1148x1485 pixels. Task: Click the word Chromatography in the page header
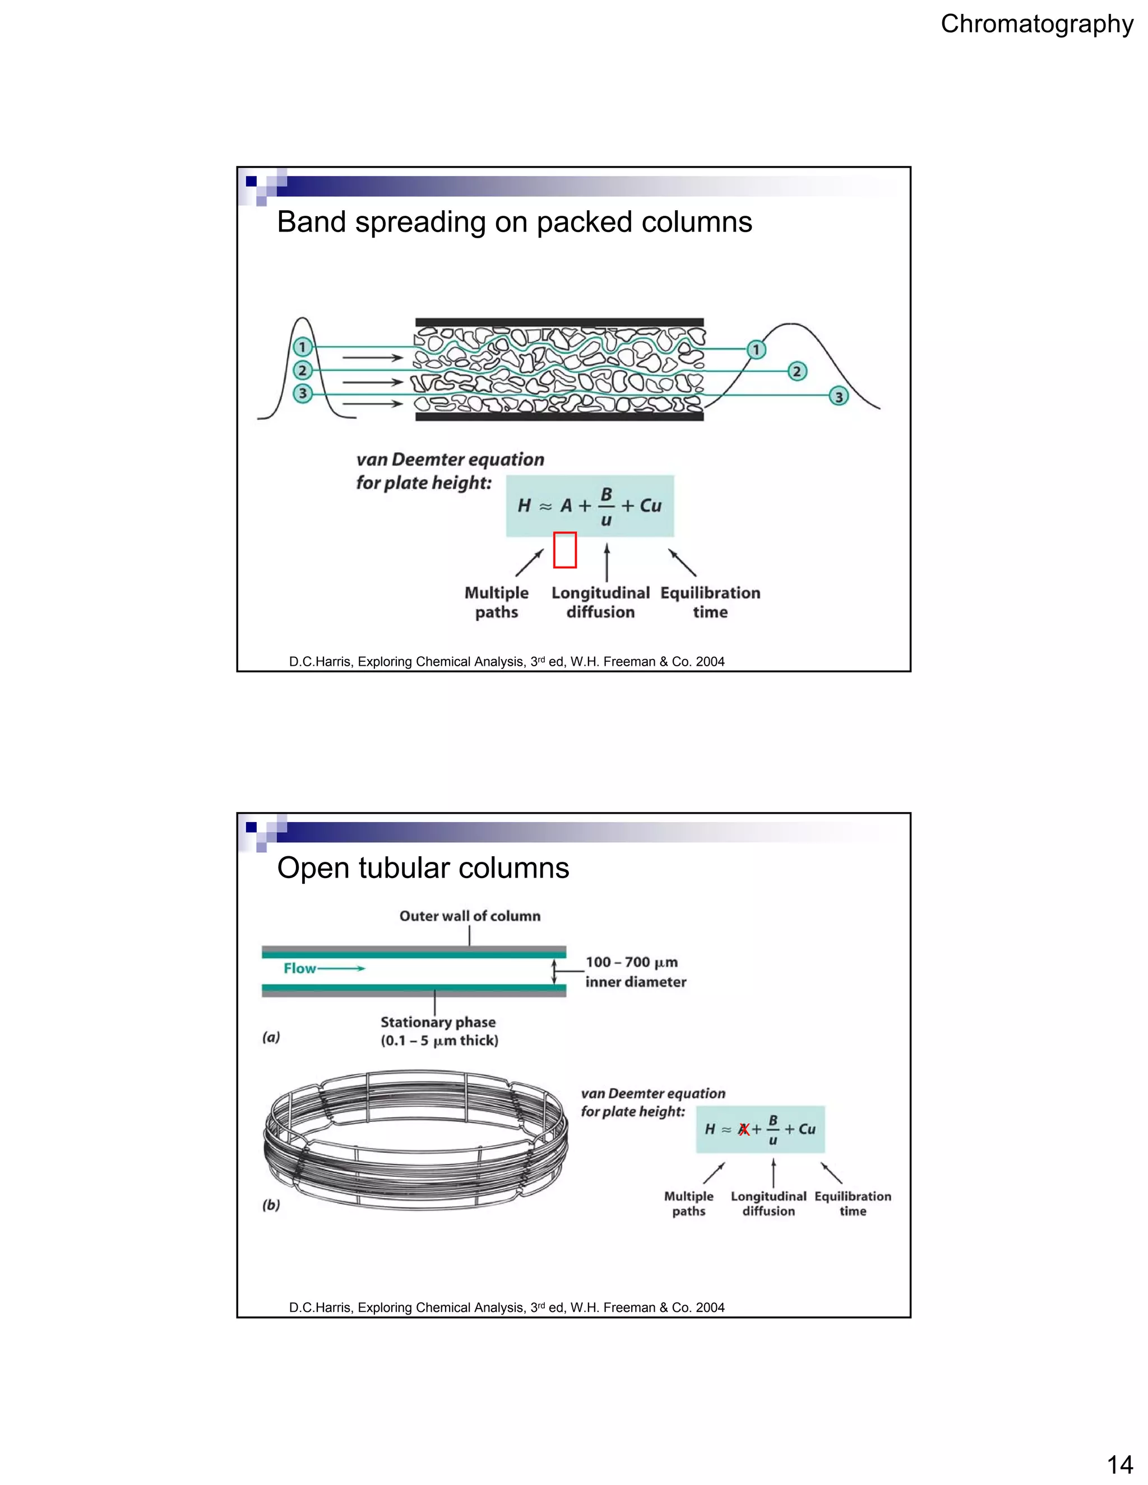(x=1036, y=25)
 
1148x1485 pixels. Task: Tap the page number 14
(x=1119, y=1463)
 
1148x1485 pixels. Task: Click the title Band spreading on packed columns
(x=514, y=222)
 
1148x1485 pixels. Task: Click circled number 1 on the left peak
(x=303, y=347)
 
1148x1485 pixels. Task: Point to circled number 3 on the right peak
(x=839, y=396)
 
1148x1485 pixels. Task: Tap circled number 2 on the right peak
(x=797, y=371)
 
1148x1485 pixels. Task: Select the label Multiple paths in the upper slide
(x=497, y=602)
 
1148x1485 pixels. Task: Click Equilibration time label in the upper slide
(x=710, y=602)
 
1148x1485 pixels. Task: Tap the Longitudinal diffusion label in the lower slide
(x=769, y=1204)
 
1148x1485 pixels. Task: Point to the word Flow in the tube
(x=300, y=968)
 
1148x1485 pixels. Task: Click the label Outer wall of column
(x=469, y=916)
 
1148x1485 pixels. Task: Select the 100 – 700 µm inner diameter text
(x=635, y=972)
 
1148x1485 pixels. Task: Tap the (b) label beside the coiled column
(x=271, y=1205)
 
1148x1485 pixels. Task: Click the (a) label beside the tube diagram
(x=271, y=1037)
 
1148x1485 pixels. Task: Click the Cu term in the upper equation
(x=650, y=506)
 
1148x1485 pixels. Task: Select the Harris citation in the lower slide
(x=506, y=1307)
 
